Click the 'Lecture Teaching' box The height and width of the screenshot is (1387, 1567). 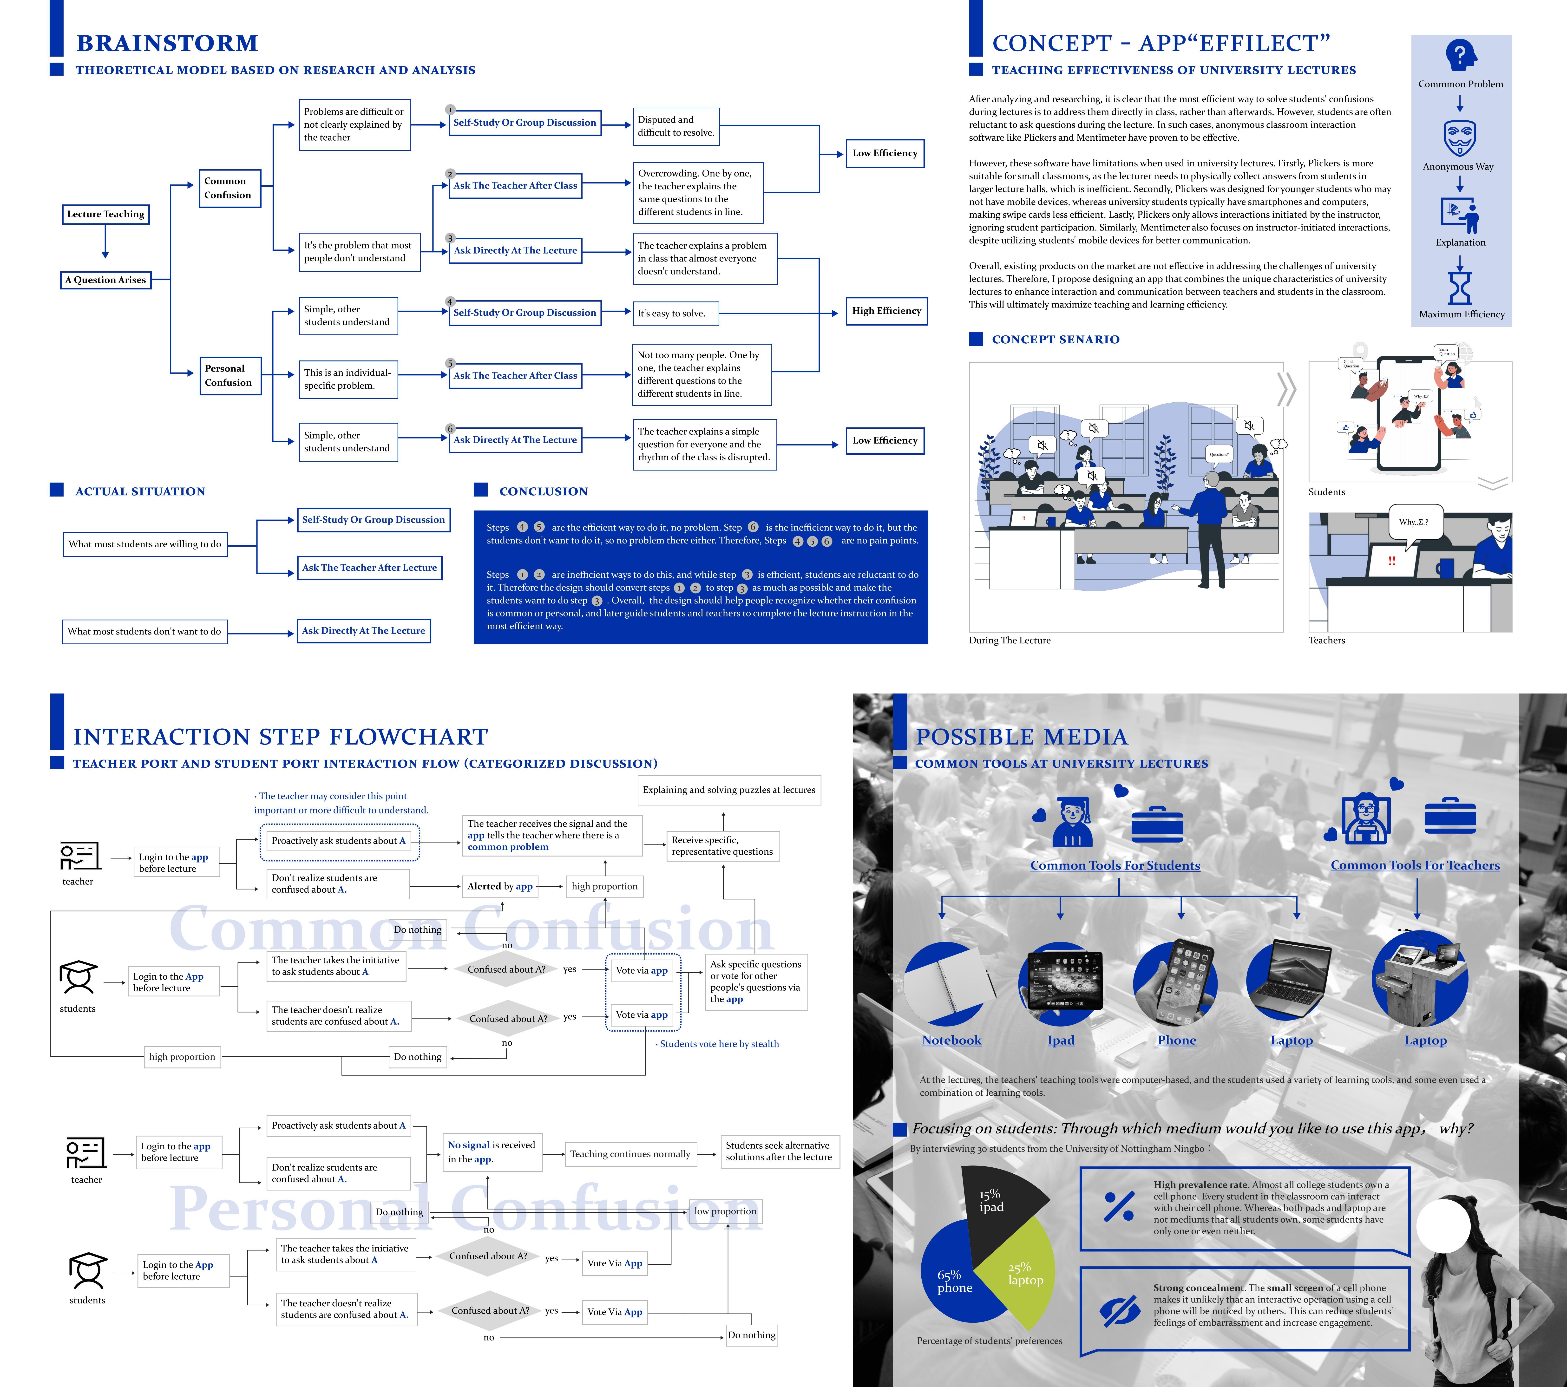(x=105, y=214)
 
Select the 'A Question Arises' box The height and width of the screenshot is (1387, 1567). (x=105, y=280)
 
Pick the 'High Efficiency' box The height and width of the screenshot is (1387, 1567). (x=886, y=311)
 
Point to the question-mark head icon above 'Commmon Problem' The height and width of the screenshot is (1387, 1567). (x=1460, y=55)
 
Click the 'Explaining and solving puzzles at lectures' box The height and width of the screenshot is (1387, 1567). (x=729, y=790)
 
